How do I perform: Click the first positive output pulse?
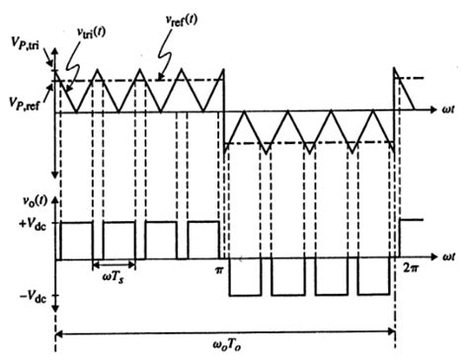[76, 241]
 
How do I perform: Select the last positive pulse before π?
[203, 241]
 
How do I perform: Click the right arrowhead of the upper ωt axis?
[429, 111]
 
